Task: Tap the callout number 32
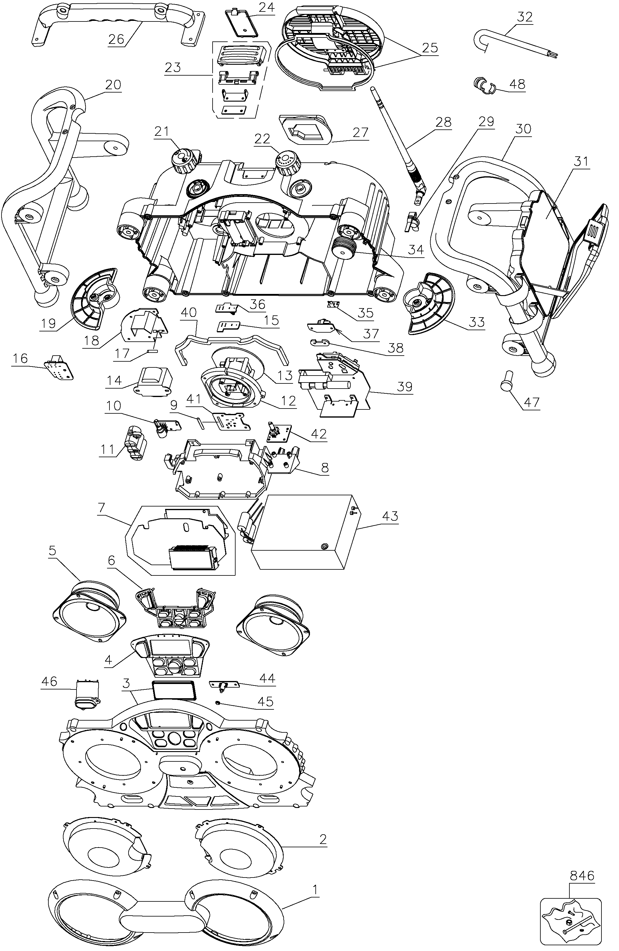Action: coord(525,17)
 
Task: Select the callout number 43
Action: coord(390,516)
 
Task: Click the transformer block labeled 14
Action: coord(155,382)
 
